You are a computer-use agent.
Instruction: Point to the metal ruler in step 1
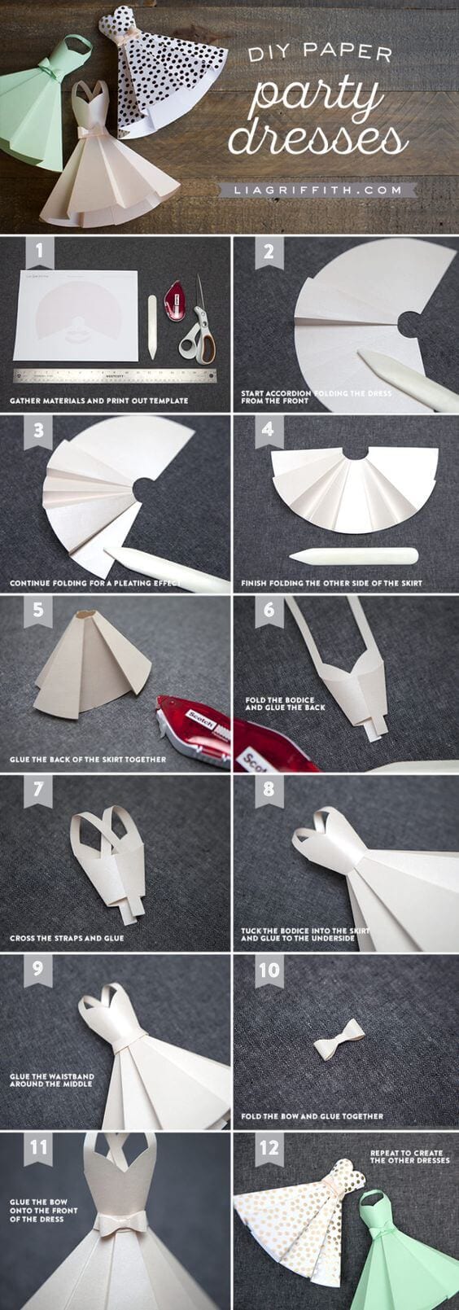click(116, 376)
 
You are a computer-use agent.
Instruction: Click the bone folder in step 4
click(353, 557)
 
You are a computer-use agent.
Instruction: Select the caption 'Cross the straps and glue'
click(67, 938)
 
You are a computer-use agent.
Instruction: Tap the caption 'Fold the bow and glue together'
click(312, 1116)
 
